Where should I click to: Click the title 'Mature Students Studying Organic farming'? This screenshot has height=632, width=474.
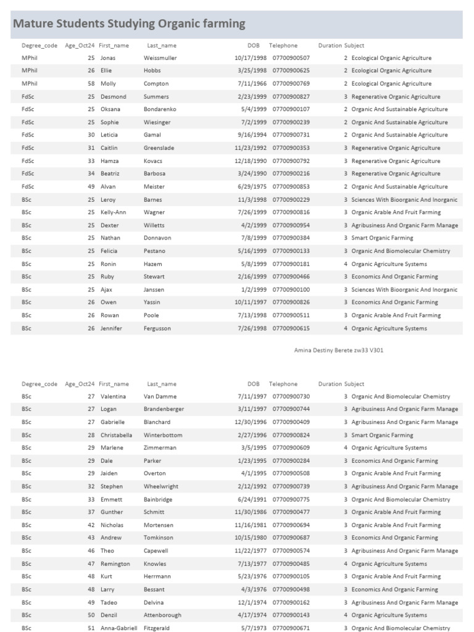[129, 24]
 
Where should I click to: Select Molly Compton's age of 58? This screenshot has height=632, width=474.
[91, 84]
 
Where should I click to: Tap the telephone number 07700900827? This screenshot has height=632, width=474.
[291, 97]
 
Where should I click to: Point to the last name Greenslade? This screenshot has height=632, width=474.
[159, 148]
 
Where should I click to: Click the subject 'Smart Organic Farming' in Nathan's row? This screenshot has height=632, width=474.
[382, 238]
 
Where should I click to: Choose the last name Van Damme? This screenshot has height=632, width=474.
[160, 396]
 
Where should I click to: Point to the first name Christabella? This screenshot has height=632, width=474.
[116, 435]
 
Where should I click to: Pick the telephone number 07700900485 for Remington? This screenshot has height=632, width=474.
[291, 564]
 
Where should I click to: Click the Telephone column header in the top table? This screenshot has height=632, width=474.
[283, 46]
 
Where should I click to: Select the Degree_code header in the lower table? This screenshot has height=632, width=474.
[39, 384]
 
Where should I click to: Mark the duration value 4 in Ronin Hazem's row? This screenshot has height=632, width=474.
[346, 264]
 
